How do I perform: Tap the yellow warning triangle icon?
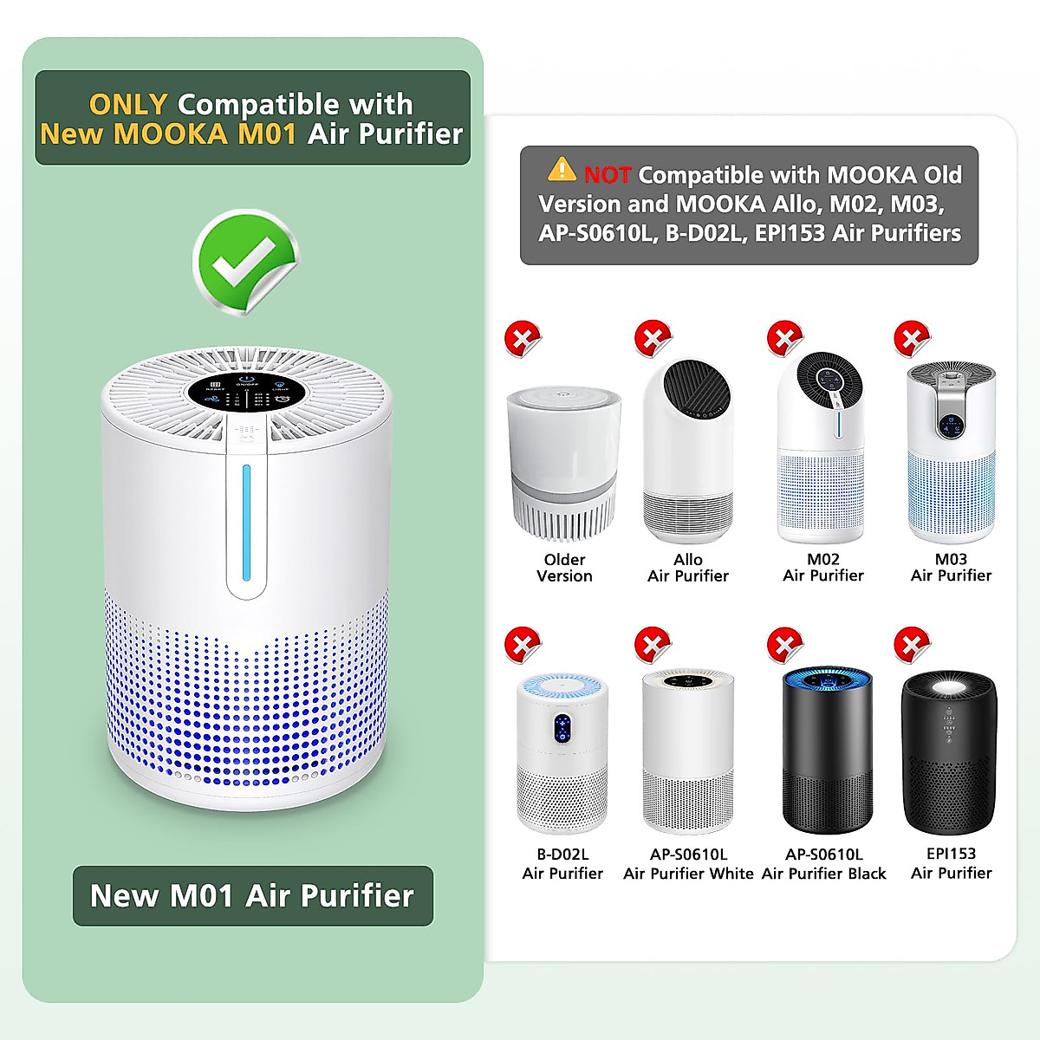(x=562, y=169)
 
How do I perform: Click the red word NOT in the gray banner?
(x=607, y=175)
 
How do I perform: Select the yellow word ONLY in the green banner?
(x=128, y=105)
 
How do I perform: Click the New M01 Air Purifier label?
(x=252, y=895)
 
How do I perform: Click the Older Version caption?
(x=564, y=568)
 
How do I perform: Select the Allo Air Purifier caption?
(x=687, y=568)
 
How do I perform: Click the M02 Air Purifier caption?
(x=822, y=568)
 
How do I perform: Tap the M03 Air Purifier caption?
(x=951, y=568)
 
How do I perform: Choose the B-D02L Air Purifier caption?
(x=562, y=864)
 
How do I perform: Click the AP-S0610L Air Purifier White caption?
(x=688, y=864)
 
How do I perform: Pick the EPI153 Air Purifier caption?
(x=951, y=863)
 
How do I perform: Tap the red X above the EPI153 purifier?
(x=911, y=644)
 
